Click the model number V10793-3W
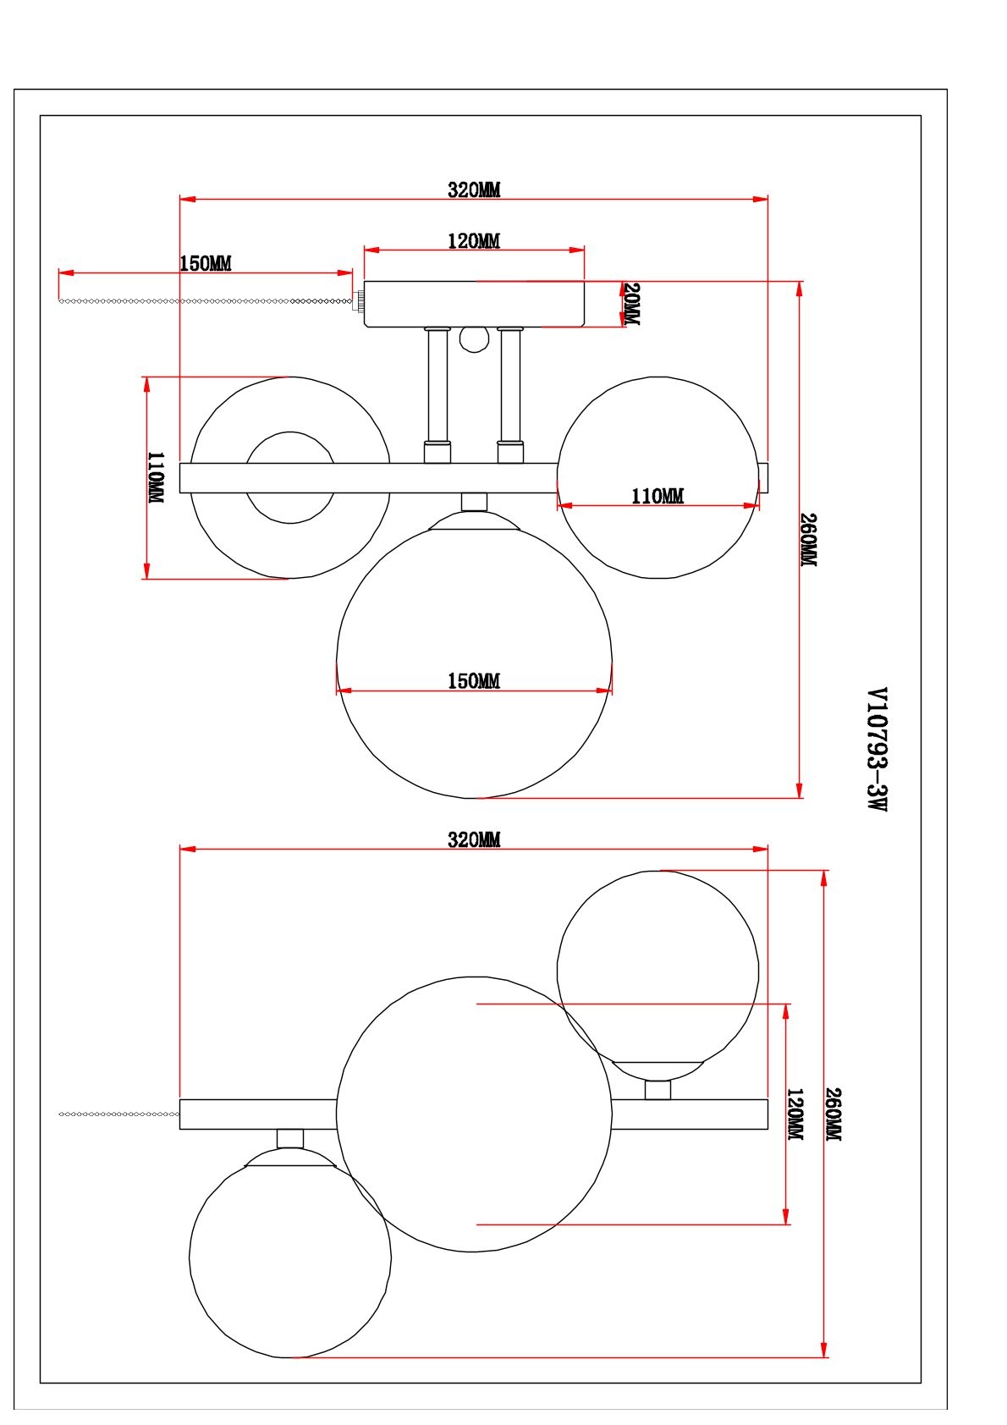[x=878, y=749]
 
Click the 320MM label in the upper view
[x=474, y=190]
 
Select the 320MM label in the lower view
[x=474, y=839]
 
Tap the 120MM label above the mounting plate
[x=474, y=241]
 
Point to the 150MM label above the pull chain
[x=205, y=263]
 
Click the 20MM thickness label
[x=631, y=304]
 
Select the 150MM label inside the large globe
[x=474, y=681]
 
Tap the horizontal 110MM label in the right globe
[x=658, y=496]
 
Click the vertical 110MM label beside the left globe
[x=156, y=478]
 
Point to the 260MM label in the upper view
[x=808, y=540]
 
